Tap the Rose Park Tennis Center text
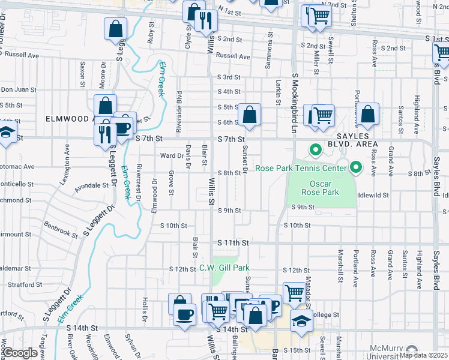[x=300, y=168]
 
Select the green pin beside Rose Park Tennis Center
[x=357, y=167]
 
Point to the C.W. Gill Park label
[x=224, y=268]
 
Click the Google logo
[x=20, y=353]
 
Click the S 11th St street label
[x=233, y=242]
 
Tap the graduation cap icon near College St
[x=301, y=321]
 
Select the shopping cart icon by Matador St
[x=294, y=293]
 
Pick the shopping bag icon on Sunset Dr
[x=249, y=115]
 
